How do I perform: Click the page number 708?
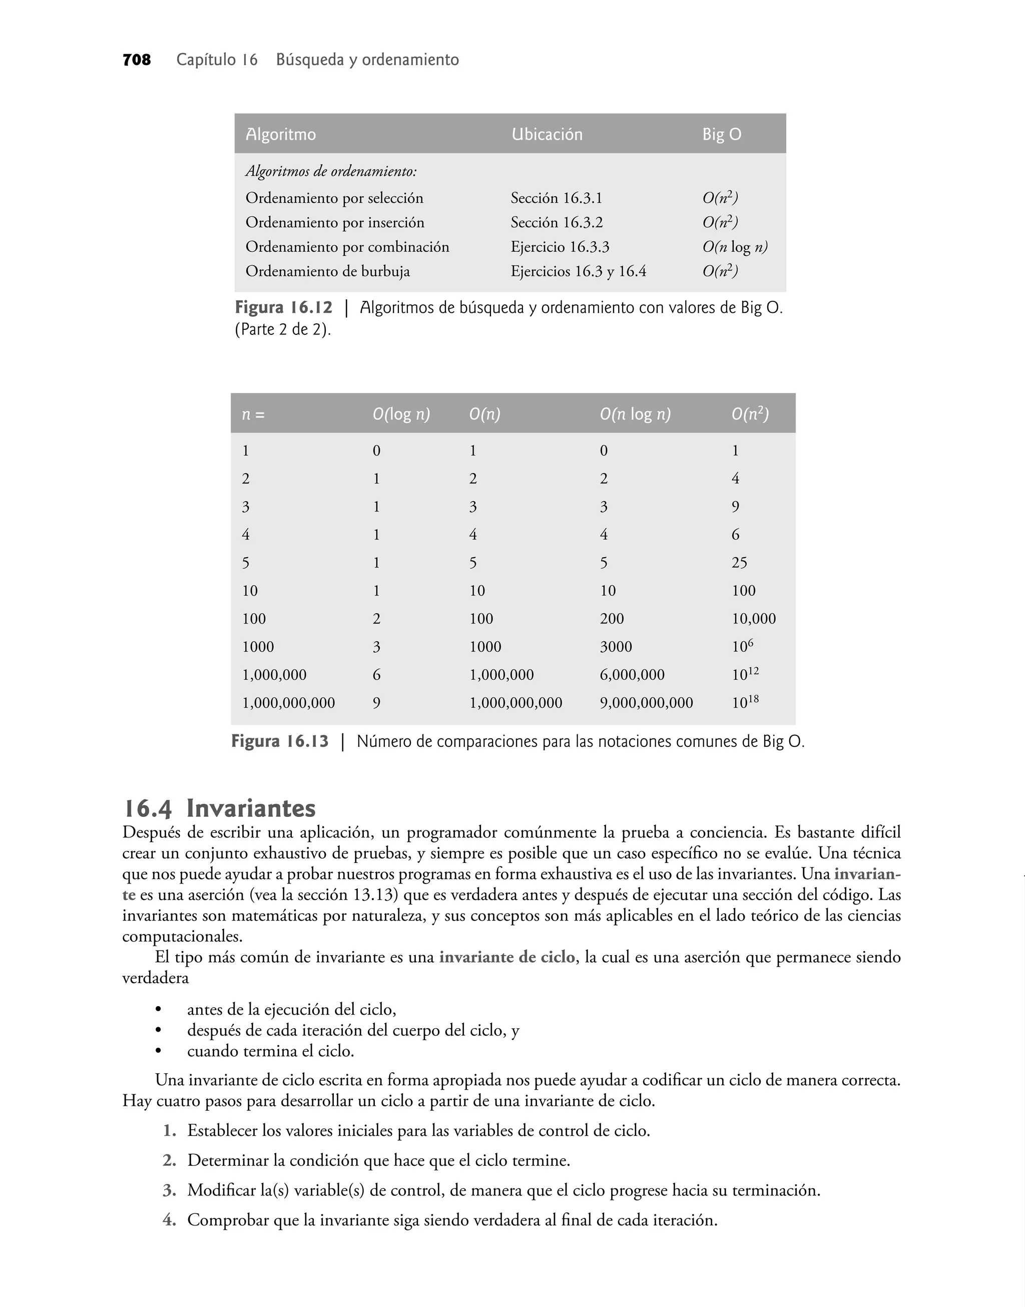click(x=136, y=60)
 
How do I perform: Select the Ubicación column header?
click(x=547, y=135)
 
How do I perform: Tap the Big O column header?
click(x=721, y=135)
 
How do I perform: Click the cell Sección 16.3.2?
click(x=557, y=223)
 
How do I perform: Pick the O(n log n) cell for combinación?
click(x=735, y=247)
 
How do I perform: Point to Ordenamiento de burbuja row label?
click(x=328, y=272)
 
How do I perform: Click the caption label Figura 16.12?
click(x=283, y=308)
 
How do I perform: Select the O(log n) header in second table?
click(x=401, y=414)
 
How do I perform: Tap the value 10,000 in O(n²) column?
click(x=753, y=619)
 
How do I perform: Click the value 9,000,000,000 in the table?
click(x=646, y=703)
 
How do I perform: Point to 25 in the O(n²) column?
click(x=739, y=563)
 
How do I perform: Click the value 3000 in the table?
click(x=616, y=647)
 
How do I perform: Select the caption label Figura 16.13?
click(x=280, y=742)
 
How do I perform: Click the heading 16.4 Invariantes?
click(x=219, y=808)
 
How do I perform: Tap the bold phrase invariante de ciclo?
click(x=507, y=957)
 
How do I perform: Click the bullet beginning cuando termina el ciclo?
click(x=270, y=1051)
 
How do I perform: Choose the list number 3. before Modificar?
click(x=169, y=1190)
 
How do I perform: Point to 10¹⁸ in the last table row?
click(x=745, y=702)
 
